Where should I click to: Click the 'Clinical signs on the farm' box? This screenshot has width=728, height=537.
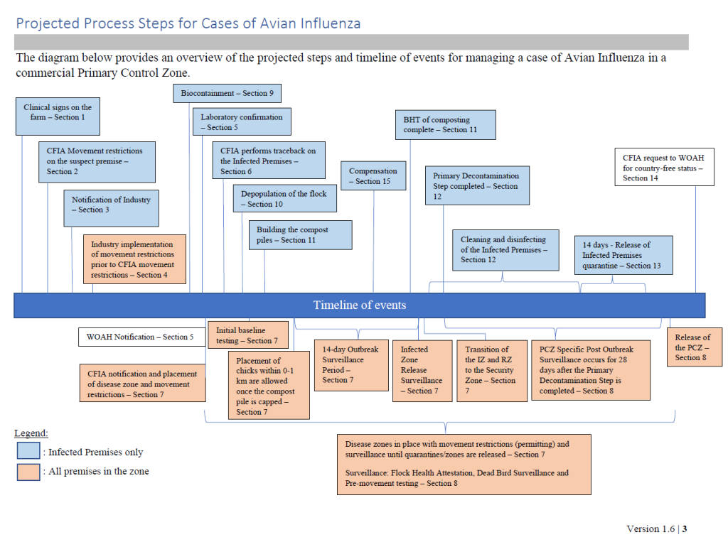click(x=58, y=116)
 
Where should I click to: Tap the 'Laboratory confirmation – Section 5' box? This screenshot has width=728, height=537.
click(x=242, y=121)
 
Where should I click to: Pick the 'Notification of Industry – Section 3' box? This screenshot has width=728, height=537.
click(x=112, y=207)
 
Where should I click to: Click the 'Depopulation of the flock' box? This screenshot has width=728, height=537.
click(x=284, y=198)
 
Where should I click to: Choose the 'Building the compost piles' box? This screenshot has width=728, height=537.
click(x=300, y=235)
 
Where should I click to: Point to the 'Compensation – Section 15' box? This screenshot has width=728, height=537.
click(x=374, y=176)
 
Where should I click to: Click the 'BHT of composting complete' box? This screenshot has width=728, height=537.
click(x=445, y=124)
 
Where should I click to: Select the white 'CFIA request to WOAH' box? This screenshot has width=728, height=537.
click(x=664, y=167)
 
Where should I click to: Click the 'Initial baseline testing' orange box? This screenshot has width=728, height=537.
click(x=248, y=335)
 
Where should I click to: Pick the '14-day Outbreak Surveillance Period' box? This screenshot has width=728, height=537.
click(x=350, y=365)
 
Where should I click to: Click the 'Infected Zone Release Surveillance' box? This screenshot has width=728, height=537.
click(x=422, y=370)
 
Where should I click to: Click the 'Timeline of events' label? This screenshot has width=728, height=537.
click(x=360, y=305)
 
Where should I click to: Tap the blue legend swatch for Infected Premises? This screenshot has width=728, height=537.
click(x=28, y=451)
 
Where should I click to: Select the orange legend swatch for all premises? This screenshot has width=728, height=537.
click(x=28, y=471)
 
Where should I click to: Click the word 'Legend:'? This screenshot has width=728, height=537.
click(x=31, y=433)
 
